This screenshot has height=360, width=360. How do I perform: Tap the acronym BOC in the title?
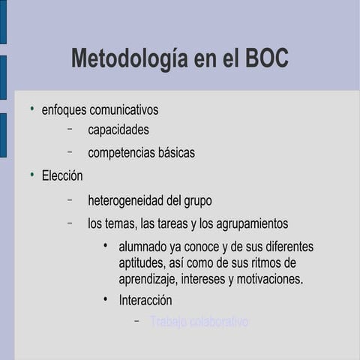267,59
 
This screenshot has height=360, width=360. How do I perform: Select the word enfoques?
64,110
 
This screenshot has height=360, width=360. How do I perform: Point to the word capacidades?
118,130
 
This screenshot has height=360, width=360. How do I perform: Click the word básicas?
176,153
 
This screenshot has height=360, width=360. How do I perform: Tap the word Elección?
62,176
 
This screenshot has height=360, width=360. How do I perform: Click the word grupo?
196,201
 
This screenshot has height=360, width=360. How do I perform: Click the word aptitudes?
142,263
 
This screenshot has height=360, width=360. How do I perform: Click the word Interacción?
145,301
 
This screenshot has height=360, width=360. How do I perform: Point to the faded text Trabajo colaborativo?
199,322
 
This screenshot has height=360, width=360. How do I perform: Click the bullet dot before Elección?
32,175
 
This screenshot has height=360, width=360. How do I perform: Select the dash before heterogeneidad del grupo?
69,200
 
